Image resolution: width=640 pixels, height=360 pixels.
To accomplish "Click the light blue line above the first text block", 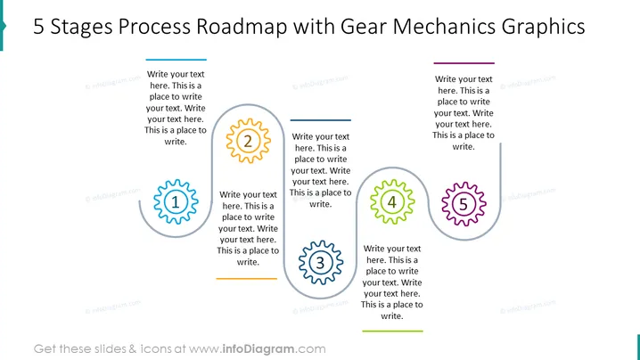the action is [x=176, y=60].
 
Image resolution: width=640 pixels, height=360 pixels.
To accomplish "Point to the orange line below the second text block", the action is [x=247, y=279].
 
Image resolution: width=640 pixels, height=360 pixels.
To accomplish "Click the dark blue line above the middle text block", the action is [x=320, y=120].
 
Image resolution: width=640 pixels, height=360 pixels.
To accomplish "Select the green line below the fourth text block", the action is [x=392, y=331].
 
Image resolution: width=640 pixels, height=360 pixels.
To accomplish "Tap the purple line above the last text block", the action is [x=464, y=63].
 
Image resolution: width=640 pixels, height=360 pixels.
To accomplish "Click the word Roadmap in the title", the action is [x=242, y=27].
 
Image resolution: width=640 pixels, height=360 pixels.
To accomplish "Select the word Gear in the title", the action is [x=364, y=27].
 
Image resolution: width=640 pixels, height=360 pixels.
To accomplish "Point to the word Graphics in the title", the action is [x=543, y=28].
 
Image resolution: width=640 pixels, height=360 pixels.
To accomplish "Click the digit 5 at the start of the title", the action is [x=38, y=27].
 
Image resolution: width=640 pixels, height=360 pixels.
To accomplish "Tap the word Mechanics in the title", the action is [x=444, y=27].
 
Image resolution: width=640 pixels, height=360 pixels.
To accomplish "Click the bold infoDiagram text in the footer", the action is [x=258, y=349].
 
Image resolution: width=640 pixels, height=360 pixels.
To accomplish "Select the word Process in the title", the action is [x=154, y=27].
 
